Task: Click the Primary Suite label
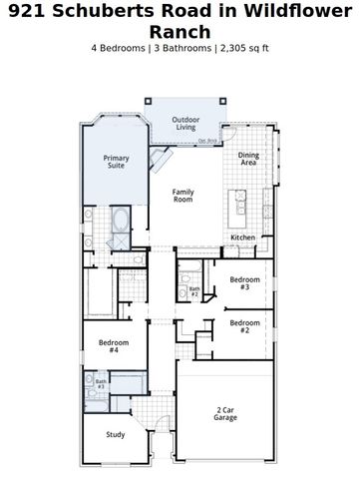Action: [x=117, y=161]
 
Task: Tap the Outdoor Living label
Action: [x=185, y=124]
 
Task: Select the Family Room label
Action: [x=182, y=195]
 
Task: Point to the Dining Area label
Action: [x=249, y=159]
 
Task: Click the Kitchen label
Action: [x=242, y=238]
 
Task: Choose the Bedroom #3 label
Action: [x=238, y=282]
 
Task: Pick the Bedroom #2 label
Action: [x=238, y=326]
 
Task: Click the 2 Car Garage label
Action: [x=225, y=413]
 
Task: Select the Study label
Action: [x=116, y=434]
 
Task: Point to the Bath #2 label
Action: [x=194, y=292]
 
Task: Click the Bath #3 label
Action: [x=101, y=383]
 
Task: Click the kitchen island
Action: [x=240, y=206]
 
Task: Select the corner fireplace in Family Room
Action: [x=160, y=163]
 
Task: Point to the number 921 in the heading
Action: [x=26, y=11]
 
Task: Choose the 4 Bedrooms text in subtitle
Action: [x=123, y=48]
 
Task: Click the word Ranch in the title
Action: [x=180, y=31]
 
